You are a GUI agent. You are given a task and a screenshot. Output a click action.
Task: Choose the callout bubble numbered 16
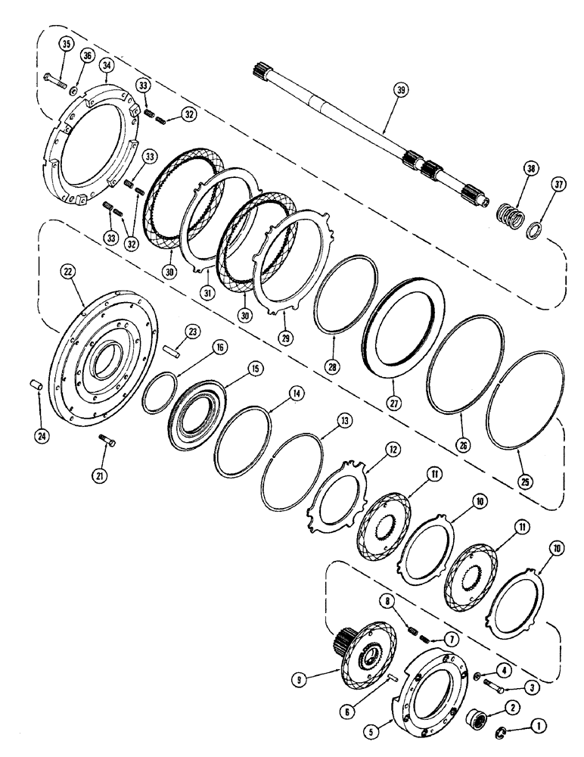point(219,347)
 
